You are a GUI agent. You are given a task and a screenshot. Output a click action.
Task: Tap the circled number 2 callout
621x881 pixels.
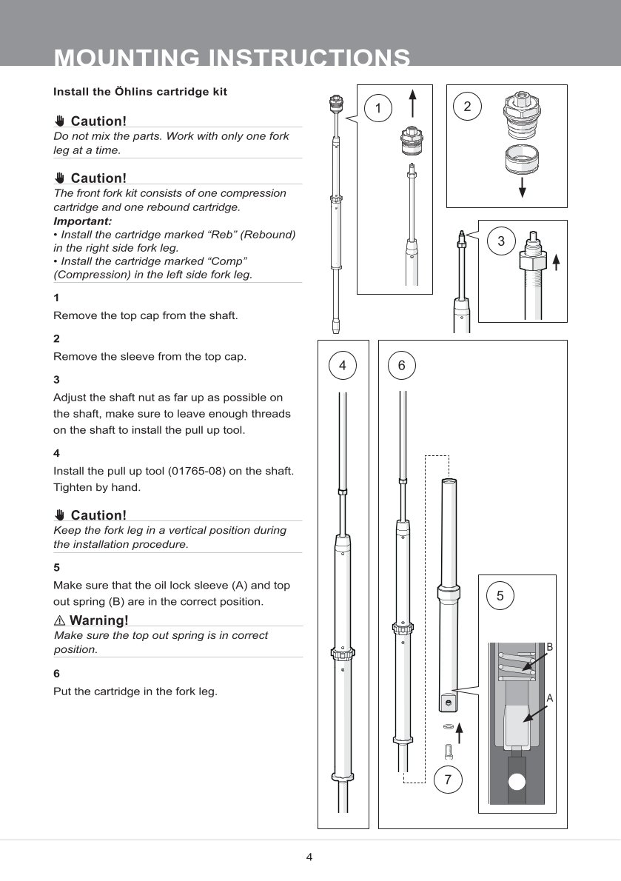click(x=467, y=106)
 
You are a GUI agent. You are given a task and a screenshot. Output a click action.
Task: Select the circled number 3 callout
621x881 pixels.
click(x=501, y=241)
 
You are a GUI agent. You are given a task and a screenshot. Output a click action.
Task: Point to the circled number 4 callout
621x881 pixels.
click(x=342, y=365)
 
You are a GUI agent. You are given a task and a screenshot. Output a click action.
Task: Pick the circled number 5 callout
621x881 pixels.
click(x=500, y=595)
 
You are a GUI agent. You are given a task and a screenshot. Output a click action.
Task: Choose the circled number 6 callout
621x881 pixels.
click(x=401, y=365)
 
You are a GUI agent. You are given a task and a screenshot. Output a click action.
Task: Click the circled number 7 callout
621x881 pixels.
click(x=448, y=779)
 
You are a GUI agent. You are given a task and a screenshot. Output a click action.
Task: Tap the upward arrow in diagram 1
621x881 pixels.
click(x=412, y=103)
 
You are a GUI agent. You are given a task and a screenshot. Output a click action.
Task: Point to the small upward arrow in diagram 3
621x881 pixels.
click(x=556, y=261)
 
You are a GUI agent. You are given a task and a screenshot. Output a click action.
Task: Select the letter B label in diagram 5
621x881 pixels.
click(x=550, y=647)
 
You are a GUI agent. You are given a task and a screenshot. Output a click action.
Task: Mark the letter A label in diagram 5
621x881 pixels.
click(x=550, y=697)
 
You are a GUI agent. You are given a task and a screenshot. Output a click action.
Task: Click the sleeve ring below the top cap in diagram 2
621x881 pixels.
click(x=521, y=159)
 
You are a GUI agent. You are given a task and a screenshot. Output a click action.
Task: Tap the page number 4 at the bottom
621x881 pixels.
click(x=309, y=857)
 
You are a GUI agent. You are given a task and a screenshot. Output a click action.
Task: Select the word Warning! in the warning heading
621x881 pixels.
click(x=98, y=620)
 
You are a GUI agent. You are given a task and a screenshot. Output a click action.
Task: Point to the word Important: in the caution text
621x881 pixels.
click(x=83, y=221)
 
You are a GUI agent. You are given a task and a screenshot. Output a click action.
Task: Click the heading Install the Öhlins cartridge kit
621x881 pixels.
click(x=140, y=92)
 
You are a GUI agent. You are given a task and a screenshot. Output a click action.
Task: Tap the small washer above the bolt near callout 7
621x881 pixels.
click(x=448, y=727)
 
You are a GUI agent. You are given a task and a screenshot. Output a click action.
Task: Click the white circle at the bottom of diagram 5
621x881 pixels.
click(x=517, y=782)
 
